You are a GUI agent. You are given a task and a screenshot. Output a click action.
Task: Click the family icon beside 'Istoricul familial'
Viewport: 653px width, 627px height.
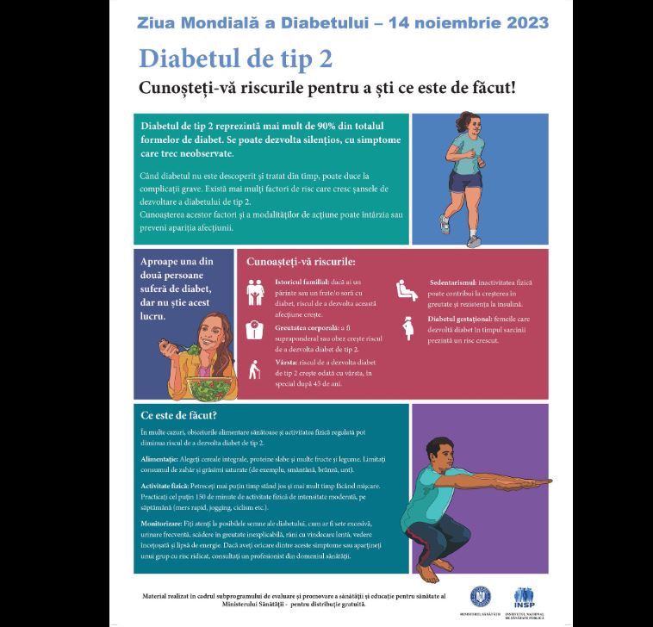[x=256, y=291]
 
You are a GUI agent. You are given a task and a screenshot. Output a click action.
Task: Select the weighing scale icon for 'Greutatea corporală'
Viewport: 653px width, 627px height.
[x=256, y=329]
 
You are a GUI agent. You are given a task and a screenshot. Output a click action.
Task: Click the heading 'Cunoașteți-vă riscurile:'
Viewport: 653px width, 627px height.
[x=301, y=261]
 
